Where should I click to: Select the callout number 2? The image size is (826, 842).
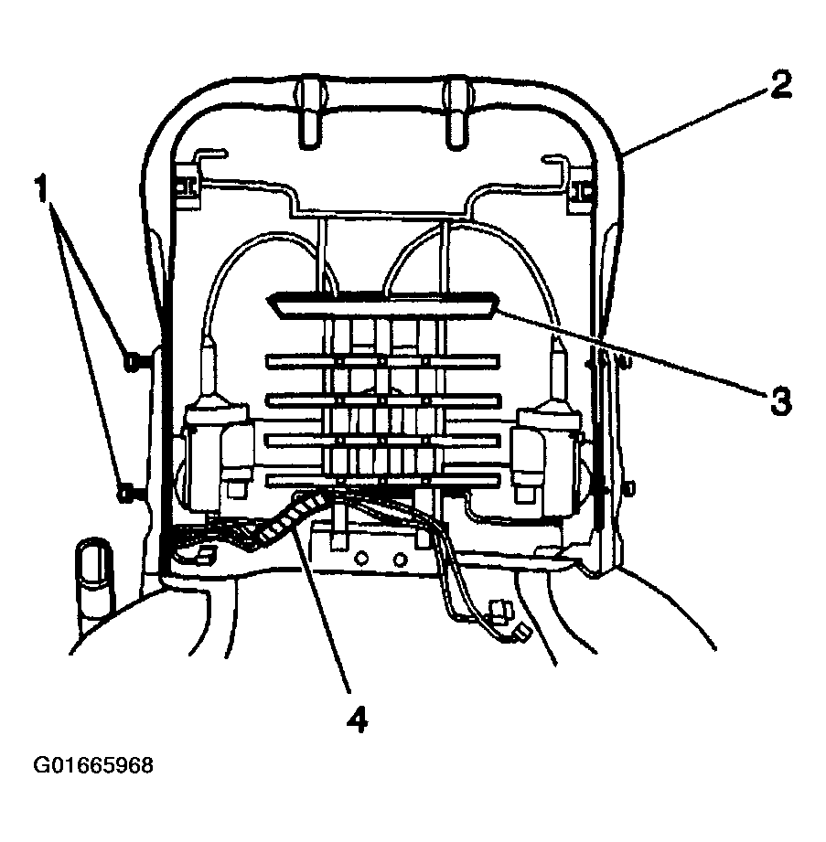780,86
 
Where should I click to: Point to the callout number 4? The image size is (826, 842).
358,719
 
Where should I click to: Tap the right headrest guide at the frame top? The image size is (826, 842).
458,112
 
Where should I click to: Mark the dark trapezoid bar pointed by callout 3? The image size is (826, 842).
382,306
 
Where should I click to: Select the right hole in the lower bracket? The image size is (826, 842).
400,560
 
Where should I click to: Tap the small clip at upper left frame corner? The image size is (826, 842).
184,186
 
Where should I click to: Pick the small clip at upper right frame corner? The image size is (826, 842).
582,189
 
